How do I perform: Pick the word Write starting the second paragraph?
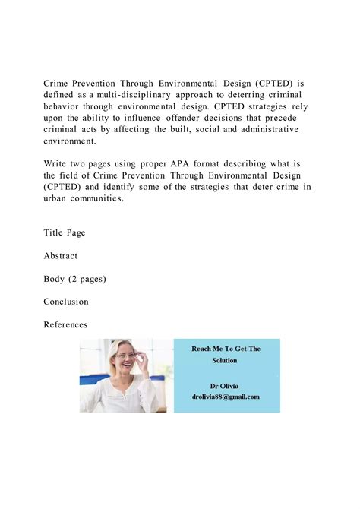pos(56,163)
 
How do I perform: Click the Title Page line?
pos(65,232)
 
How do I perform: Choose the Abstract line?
pos(61,256)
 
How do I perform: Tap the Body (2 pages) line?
pos(75,279)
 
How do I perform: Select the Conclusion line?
pos(66,302)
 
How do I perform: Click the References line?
pos(66,325)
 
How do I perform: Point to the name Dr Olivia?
pos(226,386)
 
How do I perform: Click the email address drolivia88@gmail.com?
pos(226,397)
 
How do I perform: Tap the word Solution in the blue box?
pos(226,360)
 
